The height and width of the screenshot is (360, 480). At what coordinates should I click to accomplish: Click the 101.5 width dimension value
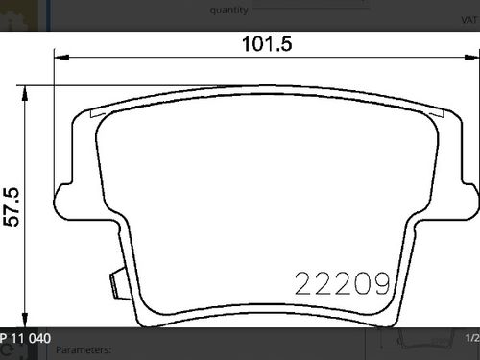click(x=267, y=44)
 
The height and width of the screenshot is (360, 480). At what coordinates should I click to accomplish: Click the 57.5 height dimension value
click(x=12, y=207)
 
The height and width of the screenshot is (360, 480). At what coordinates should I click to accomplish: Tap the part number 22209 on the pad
click(x=343, y=283)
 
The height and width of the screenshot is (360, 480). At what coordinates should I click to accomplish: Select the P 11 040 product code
click(x=26, y=338)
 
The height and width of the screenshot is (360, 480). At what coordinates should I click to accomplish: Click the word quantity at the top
click(x=229, y=11)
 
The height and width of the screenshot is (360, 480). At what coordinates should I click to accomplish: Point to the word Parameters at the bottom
click(x=84, y=349)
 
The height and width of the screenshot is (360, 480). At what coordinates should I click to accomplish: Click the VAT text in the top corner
click(x=469, y=20)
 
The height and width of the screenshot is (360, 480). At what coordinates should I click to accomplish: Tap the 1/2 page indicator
click(x=472, y=338)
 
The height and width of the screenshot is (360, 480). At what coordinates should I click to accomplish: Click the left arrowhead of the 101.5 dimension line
click(x=61, y=58)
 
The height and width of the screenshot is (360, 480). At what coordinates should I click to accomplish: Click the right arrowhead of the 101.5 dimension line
click(x=472, y=58)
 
